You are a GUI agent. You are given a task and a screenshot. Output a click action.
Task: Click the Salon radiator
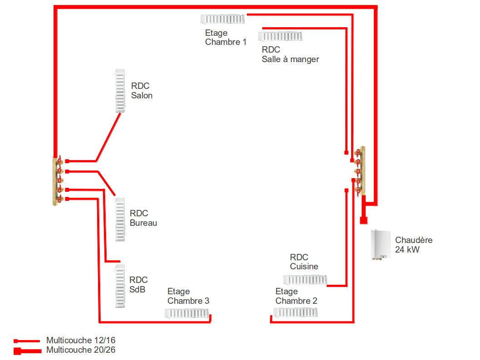point(120,91)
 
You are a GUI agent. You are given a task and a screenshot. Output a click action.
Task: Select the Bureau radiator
point(120,219)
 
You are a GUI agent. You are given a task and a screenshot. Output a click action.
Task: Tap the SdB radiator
point(120,286)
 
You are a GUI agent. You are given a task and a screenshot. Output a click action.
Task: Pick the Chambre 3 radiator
point(186,313)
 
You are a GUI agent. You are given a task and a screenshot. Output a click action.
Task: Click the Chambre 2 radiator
point(295,312)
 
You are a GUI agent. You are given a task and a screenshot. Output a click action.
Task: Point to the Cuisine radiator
point(304,279)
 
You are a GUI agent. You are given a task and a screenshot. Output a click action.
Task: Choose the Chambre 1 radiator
point(222,19)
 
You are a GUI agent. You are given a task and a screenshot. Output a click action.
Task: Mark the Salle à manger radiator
point(280,36)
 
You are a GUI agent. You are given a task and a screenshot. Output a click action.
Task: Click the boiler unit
point(380,245)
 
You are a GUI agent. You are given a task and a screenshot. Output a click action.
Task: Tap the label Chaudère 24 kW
point(413,245)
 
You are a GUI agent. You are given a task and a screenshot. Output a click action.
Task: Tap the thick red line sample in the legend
point(27,350)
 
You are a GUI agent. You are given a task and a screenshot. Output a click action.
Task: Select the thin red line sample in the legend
point(27,341)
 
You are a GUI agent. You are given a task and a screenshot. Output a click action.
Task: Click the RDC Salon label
point(142,91)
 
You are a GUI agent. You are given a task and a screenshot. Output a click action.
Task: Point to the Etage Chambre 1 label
point(225,38)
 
